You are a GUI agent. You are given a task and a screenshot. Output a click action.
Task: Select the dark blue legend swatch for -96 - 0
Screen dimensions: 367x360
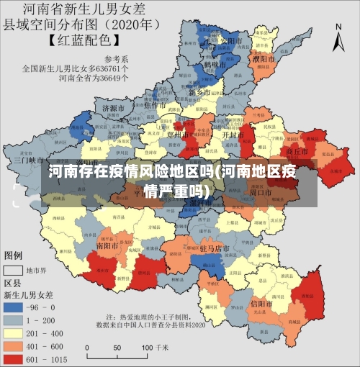13,307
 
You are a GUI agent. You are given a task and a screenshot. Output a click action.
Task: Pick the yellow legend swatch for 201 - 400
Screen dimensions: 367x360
13,333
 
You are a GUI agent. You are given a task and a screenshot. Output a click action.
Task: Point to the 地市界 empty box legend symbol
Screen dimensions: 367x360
13,270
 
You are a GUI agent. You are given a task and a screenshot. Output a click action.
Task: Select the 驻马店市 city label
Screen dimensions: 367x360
214,249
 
